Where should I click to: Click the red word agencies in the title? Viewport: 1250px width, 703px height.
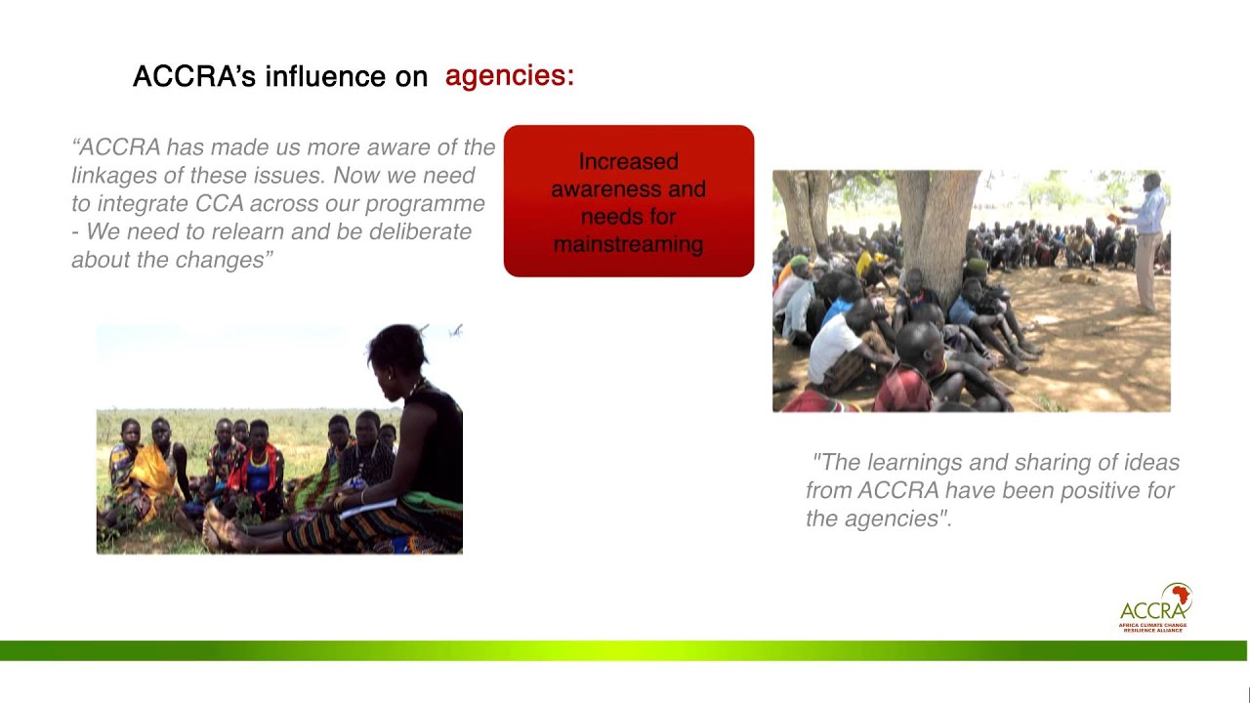509,76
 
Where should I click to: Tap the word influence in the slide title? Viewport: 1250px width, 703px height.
324,76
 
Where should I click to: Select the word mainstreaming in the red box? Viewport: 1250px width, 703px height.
628,244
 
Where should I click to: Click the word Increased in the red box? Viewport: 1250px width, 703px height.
628,161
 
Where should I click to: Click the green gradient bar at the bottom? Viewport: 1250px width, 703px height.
625,650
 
